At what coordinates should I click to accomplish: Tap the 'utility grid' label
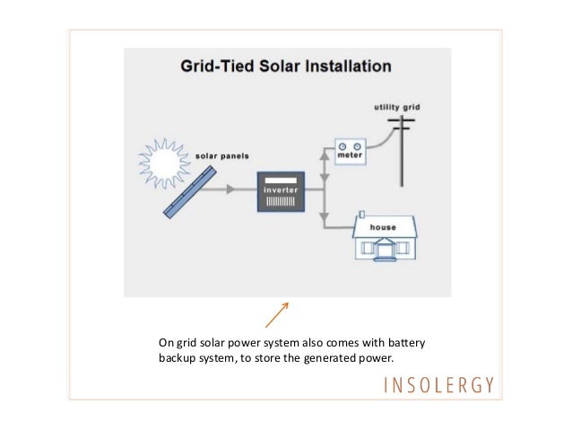pyautogui.click(x=395, y=107)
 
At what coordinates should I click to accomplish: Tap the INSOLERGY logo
pyautogui.click(x=438, y=385)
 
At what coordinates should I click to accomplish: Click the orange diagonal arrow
pyautogui.click(x=277, y=314)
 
